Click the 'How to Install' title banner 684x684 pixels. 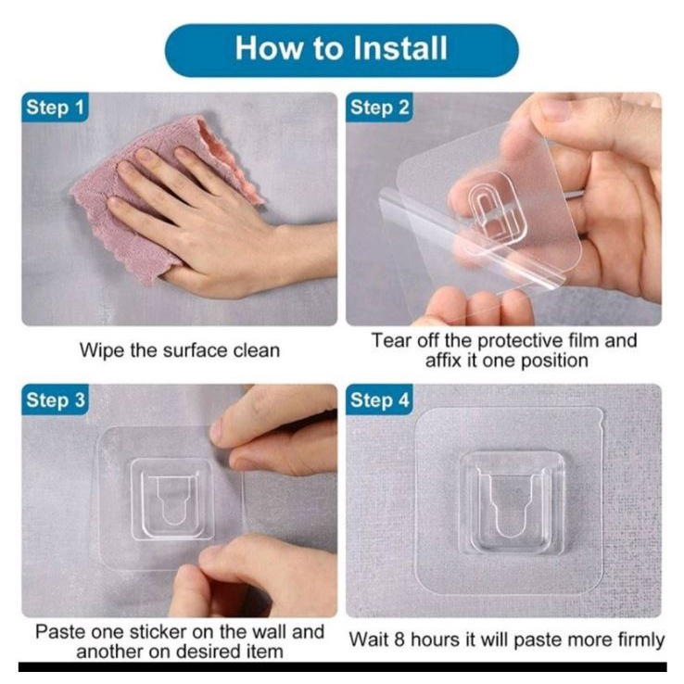(342, 50)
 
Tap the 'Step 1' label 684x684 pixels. (55, 108)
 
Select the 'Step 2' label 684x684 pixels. (379, 108)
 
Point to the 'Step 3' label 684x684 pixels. (55, 400)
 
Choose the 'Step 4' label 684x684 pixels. (379, 400)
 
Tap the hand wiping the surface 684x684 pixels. (218, 222)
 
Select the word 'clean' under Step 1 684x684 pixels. (257, 350)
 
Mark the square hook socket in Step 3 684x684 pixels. (171, 500)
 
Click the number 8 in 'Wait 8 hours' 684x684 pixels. (400, 640)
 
